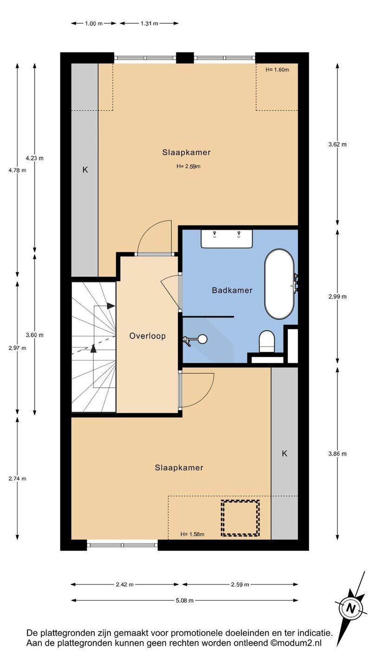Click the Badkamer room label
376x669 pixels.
pyautogui.click(x=232, y=290)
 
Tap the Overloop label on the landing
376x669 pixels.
pyautogui.click(x=148, y=336)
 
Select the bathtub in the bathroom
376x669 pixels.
pyautogui.click(x=280, y=284)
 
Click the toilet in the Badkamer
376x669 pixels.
pyautogui.click(x=267, y=341)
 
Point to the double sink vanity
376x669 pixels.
pyautogui.click(x=227, y=239)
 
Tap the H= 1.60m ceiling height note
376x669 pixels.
pyautogui.click(x=277, y=70)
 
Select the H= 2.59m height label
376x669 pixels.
pyautogui.click(x=188, y=166)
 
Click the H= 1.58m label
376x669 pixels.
pyautogui.click(x=193, y=534)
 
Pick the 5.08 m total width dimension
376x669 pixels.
pyautogui.click(x=185, y=600)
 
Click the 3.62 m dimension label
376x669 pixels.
pyautogui.click(x=337, y=144)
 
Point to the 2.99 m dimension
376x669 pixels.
pyautogui.click(x=337, y=296)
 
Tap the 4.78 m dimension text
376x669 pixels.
pyautogui.click(x=17, y=171)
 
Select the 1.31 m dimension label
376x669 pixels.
pyautogui.click(x=149, y=23)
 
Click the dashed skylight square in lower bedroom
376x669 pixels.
pyautogui.click(x=240, y=518)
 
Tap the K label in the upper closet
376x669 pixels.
pyautogui.click(x=85, y=170)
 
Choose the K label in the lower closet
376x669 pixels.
pyautogui.click(x=285, y=453)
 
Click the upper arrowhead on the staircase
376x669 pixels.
pyautogui.click(x=111, y=306)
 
